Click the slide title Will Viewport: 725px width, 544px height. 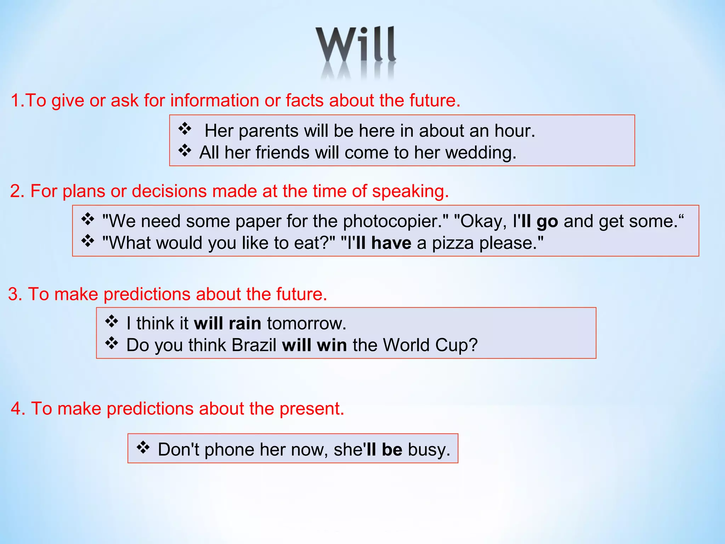[356, 45]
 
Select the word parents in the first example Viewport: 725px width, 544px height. [269, 131]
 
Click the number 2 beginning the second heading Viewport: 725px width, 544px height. [15, 191]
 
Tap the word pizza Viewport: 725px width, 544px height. [453, 243]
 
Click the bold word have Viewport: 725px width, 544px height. [391, 243]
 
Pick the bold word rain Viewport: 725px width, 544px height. [245, 323]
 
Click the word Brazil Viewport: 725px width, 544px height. [254, 345]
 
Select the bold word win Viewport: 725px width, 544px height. [332, 345]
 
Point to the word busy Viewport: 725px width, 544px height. [428, 450]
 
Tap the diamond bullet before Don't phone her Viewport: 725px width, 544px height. [143, 448]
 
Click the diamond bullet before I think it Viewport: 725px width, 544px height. [112, 322]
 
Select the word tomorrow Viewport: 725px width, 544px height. [306, 323]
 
